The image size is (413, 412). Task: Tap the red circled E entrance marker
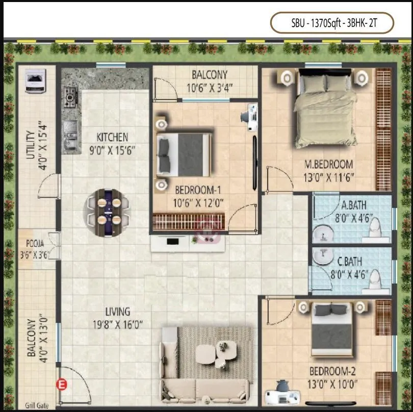(x=63, y=385)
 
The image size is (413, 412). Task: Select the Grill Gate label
(x=37, y=406)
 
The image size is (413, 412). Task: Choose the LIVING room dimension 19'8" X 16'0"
(x=117, y=323)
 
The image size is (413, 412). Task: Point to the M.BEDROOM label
(x=328, y=164)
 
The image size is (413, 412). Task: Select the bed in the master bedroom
(x=324, y=109)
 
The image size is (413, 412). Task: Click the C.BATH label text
(x=350, y=262)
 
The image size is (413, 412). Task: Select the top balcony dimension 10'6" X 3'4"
(x=210, y=88)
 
